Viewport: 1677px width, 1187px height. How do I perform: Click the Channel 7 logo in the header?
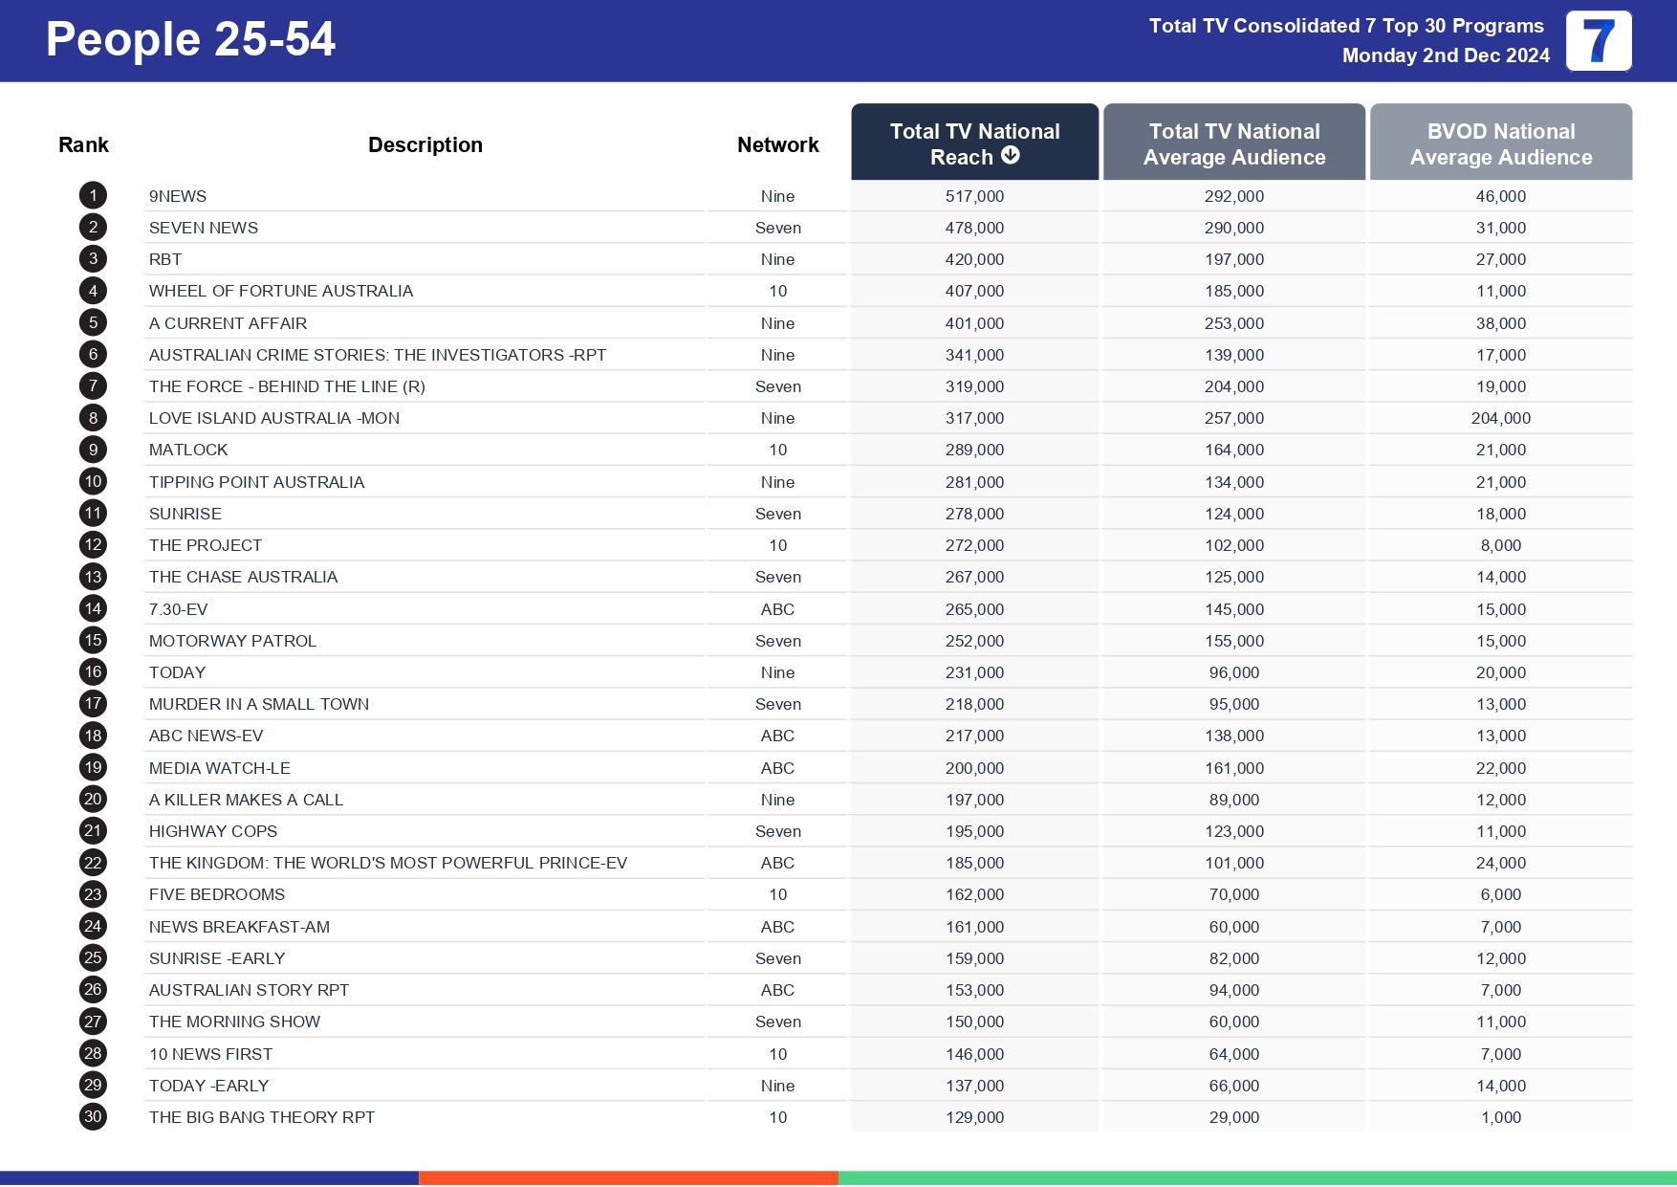pyautogui.click(x=1598, y=41)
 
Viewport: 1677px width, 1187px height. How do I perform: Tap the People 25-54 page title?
pyautogui.click(x=190, y=40)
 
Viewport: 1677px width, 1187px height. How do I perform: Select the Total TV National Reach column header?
pyautogui.click(x=974, y=143)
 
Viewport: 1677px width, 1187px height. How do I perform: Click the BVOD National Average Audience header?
pyautogui.click(x=1500, y=143)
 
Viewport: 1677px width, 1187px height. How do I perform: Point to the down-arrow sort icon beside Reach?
pyautogui.click(x=1011, y=155)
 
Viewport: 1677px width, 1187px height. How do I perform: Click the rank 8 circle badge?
pyautogui.click(x=93, y=418)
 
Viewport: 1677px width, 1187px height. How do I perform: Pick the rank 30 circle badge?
pyautogui.click(x=93, y=1116)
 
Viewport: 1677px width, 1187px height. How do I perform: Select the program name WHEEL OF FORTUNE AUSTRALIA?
pyautogui.click(x=281, y=291)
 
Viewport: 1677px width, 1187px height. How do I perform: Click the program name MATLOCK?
pyautogui.click(x=188, y=450)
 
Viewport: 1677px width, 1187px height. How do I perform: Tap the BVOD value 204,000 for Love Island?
pyautogui.click(x=1500, y=418)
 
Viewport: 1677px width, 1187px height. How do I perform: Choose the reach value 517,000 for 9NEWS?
pyautogui.click(x=974, y=196)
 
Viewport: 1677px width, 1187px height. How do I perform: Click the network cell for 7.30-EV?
pyautogui.click(x=777, y=609)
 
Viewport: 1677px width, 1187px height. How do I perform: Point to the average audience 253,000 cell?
pyautogui.click(x=1233, y=323)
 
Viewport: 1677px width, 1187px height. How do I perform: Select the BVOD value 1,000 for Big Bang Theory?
pyautogui.click(x=1500, y=1117)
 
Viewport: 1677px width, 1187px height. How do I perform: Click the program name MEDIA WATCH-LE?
pyautogui.click(x=220, y=768)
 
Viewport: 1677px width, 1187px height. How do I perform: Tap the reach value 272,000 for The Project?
pyautogui.click(x=974, y=545)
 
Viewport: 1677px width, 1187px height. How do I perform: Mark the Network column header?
pyautogui.click(x=777, y=144)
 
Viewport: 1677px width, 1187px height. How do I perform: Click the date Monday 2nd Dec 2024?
pyautogui.click(x=1446, y=55)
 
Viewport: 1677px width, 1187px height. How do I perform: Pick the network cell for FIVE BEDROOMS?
pyautogui.click(x=777, y=894)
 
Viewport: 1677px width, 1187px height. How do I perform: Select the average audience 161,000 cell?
pyautogui.click(x=1233, y=768)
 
